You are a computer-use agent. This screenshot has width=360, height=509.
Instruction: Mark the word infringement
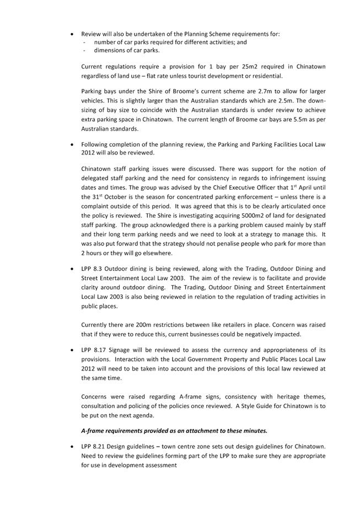[285, 178]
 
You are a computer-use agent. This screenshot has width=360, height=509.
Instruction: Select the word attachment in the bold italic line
[194, 430]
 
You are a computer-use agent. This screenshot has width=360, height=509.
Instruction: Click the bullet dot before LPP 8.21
[72, 446]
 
